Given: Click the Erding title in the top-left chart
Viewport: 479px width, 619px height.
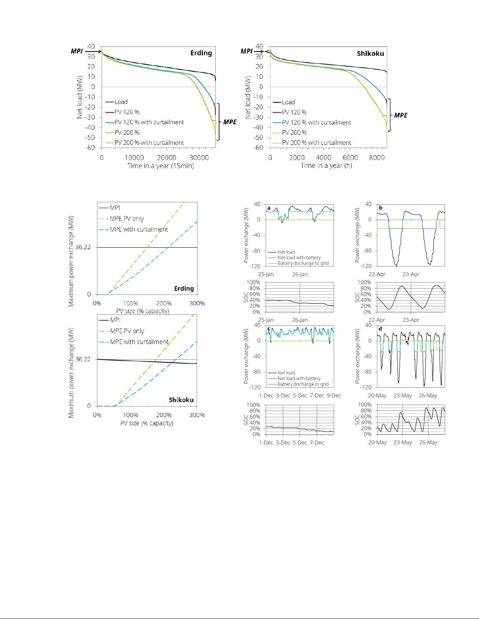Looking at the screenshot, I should point(201,53).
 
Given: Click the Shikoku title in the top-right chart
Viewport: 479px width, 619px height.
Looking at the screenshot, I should point(370,54).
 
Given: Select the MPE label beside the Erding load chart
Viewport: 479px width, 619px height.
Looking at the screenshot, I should point(230,122).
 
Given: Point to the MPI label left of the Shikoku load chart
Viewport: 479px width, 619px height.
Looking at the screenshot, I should point(247,51).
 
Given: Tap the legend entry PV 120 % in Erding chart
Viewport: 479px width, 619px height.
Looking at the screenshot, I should point(127,112).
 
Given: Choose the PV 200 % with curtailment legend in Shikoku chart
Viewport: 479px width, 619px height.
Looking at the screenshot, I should point(316,143).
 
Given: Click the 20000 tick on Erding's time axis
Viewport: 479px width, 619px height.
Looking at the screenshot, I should point(167,158).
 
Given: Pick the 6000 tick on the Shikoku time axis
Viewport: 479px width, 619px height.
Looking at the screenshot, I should point(350,158).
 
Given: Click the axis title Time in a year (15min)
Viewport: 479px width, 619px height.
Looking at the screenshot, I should point(160,166).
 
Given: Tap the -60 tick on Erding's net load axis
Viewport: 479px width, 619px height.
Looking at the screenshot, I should point(90,148).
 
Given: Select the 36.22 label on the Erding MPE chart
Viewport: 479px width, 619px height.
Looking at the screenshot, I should point(83,247).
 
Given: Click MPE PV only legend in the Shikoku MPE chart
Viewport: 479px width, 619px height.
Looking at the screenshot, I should point(127,331).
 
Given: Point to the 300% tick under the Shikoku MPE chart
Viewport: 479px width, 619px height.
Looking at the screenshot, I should point(197,415).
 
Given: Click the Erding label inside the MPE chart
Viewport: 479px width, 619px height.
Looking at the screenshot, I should point(184,289).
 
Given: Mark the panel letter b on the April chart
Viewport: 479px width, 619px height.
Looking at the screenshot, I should point(380,208).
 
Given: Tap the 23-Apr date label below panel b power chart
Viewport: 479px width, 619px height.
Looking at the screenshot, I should point(411,274).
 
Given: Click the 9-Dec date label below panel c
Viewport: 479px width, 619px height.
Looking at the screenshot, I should point(334,396).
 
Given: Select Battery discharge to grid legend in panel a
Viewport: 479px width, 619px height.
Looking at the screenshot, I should point(303,263).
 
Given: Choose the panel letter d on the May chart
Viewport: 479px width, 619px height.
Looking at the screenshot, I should point(380,329).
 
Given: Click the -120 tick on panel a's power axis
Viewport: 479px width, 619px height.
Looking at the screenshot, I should point(255,266).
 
